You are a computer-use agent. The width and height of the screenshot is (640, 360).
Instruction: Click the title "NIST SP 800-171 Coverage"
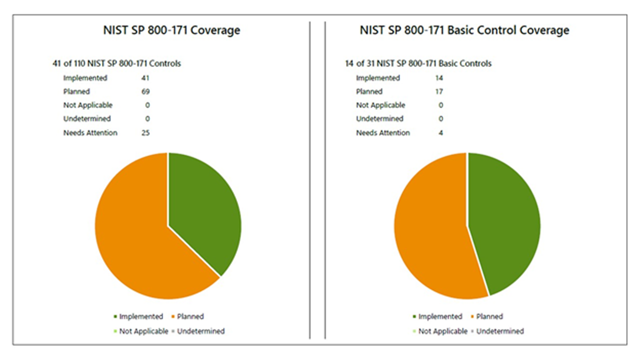coord(171,30)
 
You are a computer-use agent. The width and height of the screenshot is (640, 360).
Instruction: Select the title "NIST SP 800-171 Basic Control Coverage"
coord(464,30)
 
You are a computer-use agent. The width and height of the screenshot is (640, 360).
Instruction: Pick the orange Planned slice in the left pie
coord(135,235)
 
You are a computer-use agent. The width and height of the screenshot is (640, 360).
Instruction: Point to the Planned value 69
coord(145,91)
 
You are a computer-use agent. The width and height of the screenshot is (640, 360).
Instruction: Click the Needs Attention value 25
coord(145,132)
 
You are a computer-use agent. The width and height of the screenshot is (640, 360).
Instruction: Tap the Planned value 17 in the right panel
coord(439,91)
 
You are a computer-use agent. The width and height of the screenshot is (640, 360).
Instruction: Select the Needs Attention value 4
coord(440,132)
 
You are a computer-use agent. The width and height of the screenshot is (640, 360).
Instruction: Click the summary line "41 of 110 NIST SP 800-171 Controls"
coord(116,63)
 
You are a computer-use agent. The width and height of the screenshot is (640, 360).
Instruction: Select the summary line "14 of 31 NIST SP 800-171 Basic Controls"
coord(418,63)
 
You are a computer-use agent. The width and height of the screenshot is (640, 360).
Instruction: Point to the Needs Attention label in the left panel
coord(90,132)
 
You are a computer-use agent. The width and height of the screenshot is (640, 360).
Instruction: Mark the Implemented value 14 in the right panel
coord(439,78)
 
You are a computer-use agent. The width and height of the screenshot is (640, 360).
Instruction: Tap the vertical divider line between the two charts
coord(310,180)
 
